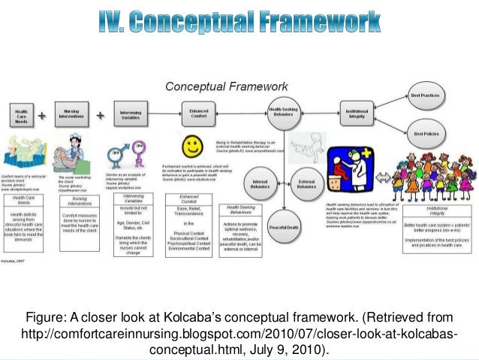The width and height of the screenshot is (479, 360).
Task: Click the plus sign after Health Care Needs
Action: (x=43, y=116)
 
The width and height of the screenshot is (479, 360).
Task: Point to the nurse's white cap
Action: (x=75, y=138)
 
